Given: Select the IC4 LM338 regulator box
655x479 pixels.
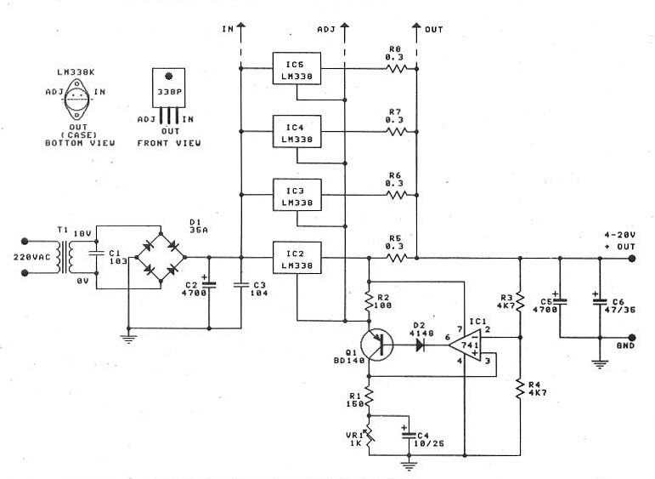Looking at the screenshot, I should tap(296, 131).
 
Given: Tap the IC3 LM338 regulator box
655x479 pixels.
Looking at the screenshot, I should tap(296, 195).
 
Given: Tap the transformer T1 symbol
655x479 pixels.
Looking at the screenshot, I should tap(71, 256).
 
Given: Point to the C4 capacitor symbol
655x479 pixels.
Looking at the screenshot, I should tap(405, 436).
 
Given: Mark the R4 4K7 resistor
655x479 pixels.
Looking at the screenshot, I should tap(519, 391).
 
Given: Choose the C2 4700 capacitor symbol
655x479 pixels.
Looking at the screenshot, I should tap(209, 286).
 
